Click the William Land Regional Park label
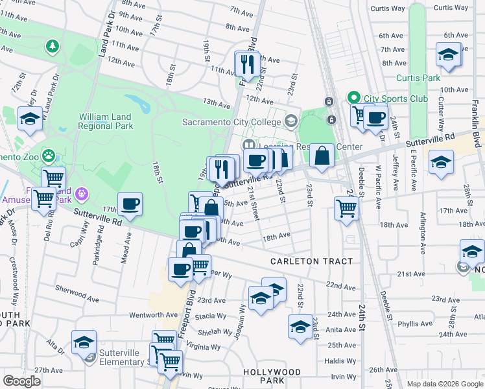105,121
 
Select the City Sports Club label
396,99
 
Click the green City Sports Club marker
354,99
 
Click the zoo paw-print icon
49,156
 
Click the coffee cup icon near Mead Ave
130,204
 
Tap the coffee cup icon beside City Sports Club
375,118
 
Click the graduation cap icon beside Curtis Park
448,54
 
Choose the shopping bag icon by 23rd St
322,156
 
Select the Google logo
21,381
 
